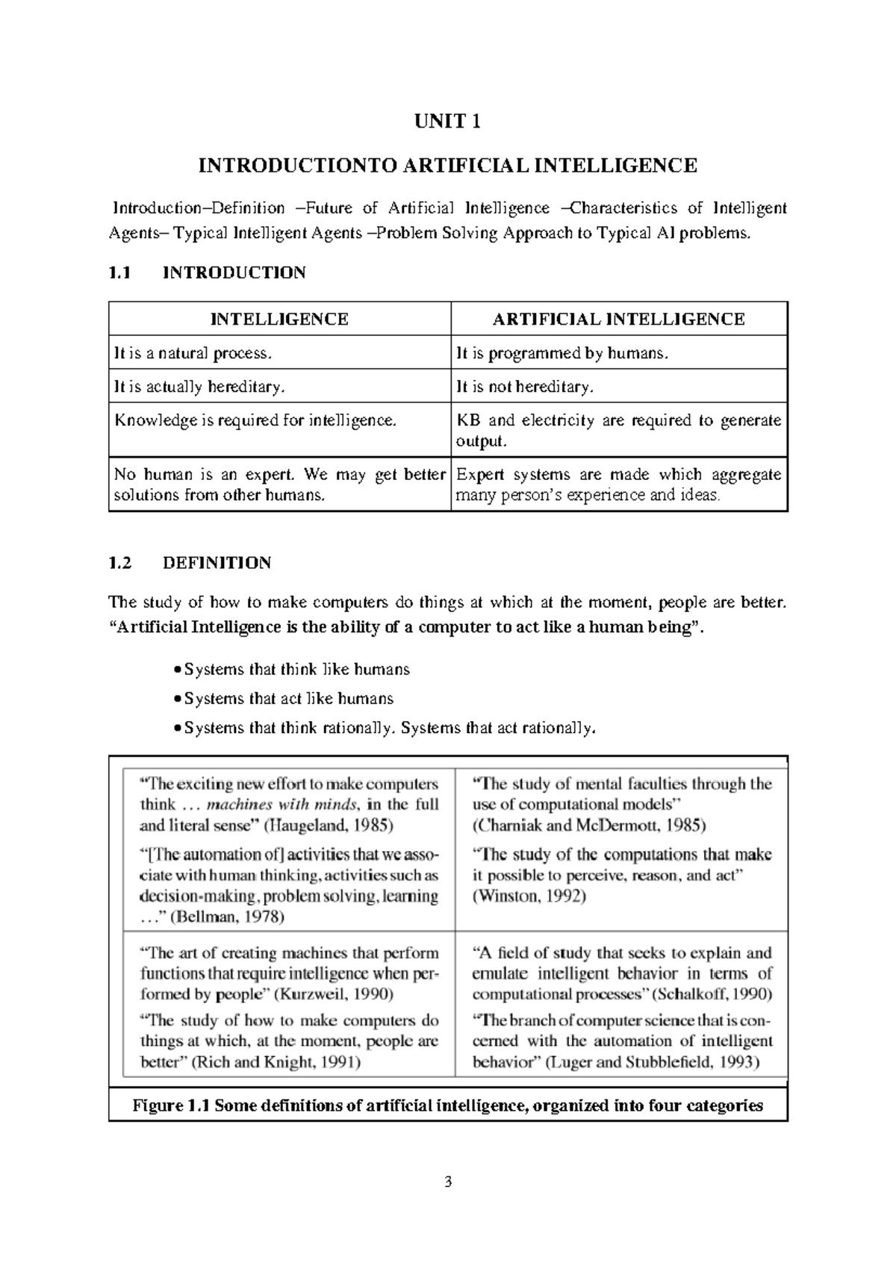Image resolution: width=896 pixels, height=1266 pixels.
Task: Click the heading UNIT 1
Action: click(x=447, y=122)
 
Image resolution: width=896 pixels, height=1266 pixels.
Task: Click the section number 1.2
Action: click(x=119, y=563)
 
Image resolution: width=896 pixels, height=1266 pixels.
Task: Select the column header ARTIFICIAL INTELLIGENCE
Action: click(x=618, y=319)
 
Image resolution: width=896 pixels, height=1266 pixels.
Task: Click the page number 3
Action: click(x=448, y=1182)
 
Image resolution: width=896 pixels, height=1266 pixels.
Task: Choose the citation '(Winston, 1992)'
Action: click(x=529, y=896)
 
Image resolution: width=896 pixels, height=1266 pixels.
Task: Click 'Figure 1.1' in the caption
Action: click(x=171, y=1106)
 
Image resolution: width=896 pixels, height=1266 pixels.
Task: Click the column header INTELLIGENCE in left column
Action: click(x=279, y=319)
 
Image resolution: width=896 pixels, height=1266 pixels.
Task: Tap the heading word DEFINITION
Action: click(x=217, y=563)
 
